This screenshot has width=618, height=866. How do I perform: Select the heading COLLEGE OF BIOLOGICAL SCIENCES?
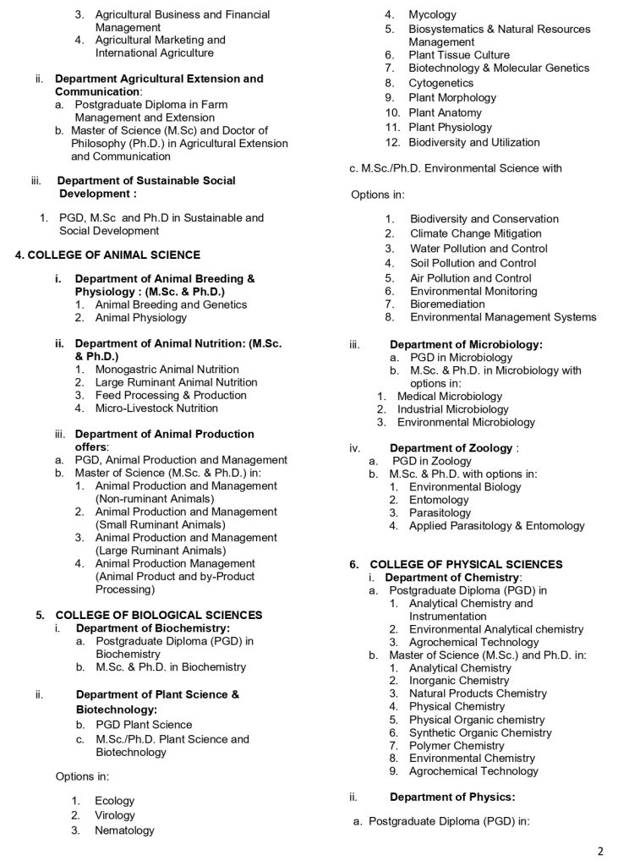[x=158, y=615]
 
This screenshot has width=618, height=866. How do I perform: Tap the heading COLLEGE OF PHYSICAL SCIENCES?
[x=466, y=564]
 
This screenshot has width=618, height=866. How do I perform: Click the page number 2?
[x=599, y=850]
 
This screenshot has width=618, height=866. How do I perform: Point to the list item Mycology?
[x=432, y=14]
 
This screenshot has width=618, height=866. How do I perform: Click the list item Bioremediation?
[x=447, y=304]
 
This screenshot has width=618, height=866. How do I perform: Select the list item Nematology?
[x=124, y=830]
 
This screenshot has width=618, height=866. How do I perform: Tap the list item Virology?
[x=114, y=815]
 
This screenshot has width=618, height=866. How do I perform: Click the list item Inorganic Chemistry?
[x=459, y=680]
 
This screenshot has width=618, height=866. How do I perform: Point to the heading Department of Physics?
[x=452, y=797]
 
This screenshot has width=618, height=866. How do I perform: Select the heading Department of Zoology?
[x=451, y=448]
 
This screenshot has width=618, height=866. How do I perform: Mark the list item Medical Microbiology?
[x=449, y=396]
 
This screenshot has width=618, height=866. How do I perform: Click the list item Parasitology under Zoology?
[x=440, y=512]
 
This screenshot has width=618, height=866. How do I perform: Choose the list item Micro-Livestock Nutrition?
[x=156, y=408]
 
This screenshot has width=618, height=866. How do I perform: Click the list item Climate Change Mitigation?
[x=476, y=233]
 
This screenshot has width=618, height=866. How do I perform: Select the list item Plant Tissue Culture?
[x=459, y=55]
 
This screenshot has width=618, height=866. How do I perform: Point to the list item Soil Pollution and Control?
[x=473, y=263]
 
